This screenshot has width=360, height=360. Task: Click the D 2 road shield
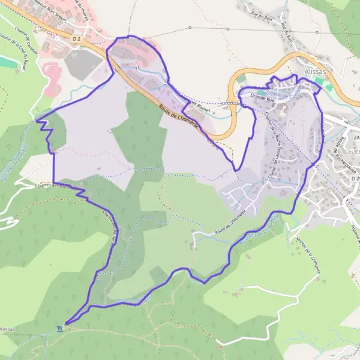click(76, 39)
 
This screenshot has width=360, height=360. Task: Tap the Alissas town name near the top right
click(314, 70)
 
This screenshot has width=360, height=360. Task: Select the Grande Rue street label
click(262, 95)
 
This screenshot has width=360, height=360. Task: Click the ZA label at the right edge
click(356, 138)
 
